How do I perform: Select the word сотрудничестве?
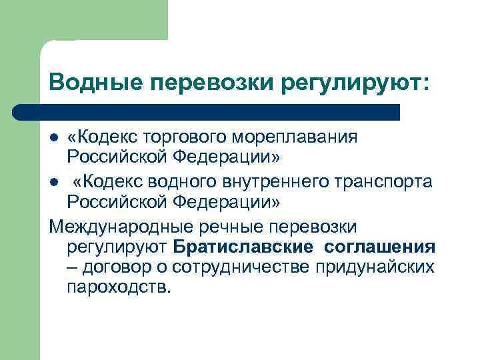[x=245, y=267]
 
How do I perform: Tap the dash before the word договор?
[x=71, y=267]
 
